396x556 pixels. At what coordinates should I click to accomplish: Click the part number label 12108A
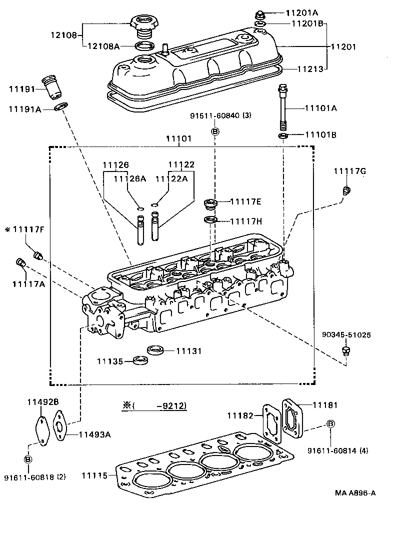(x=104, y=46)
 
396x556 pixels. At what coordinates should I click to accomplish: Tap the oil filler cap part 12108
(x=144, y=25)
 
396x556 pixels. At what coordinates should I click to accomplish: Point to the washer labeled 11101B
(x=283, y=135)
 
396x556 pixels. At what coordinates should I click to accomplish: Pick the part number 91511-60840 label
(x=220, y=115)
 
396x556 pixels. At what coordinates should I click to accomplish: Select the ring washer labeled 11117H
(x=210, y=220)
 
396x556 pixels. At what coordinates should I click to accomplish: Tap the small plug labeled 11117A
(x=21, y=262)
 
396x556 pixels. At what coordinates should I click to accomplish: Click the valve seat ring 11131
(x=157, y=349)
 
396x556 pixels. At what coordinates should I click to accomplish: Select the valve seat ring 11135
(x=140, y=359)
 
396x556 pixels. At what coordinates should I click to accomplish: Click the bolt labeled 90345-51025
(x=344, y=353)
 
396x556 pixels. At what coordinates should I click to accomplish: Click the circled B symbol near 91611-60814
(x=330, y=424)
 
